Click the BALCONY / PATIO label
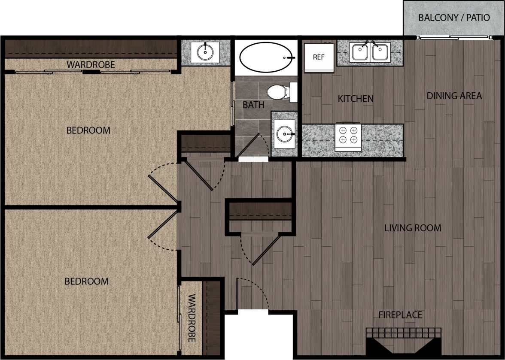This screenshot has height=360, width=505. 454,18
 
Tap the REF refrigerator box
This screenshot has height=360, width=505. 319,57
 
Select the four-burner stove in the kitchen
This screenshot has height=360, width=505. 348,135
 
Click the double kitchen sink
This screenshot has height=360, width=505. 369,52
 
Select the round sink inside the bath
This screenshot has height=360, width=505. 284,134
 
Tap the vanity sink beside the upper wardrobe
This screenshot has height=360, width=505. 205,52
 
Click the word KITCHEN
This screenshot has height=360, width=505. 356,99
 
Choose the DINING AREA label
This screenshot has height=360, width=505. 454,96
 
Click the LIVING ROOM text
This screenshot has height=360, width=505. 413,228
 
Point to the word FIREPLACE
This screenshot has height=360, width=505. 400,315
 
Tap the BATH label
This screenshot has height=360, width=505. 253,105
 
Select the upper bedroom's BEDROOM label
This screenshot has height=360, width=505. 88,130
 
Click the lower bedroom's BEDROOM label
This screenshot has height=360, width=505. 86,281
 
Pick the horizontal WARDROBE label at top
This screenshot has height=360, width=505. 91,65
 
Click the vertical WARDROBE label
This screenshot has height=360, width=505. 192,318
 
